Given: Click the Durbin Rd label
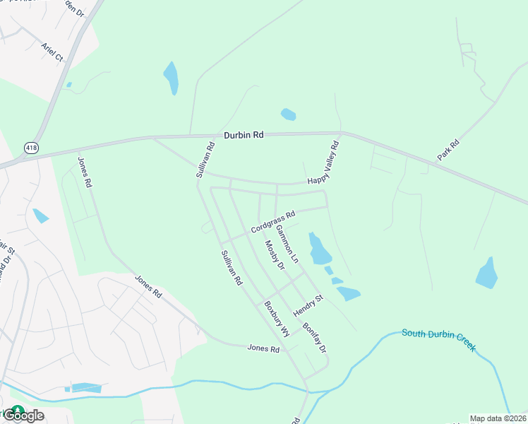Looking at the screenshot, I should point(244,134).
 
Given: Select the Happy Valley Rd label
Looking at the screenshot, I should point(323,163).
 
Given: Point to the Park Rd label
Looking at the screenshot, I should point(448,150).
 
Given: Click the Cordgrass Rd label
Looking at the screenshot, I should point(272,220).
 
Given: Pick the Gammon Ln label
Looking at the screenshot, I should point(287,245).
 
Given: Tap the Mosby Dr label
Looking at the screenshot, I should point(274,255).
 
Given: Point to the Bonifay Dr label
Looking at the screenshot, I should point(315,338).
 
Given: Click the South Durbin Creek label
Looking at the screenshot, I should point(438,340).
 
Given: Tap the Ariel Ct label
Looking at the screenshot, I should point(52,52).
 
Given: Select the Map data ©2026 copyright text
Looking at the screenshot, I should point(498,418).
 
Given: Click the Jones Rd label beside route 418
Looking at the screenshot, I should point(85,172).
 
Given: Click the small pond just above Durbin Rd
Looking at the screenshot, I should point(288,114).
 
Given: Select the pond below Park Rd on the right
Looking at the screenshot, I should point(487,273).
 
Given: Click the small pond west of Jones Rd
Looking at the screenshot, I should point(40,216).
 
